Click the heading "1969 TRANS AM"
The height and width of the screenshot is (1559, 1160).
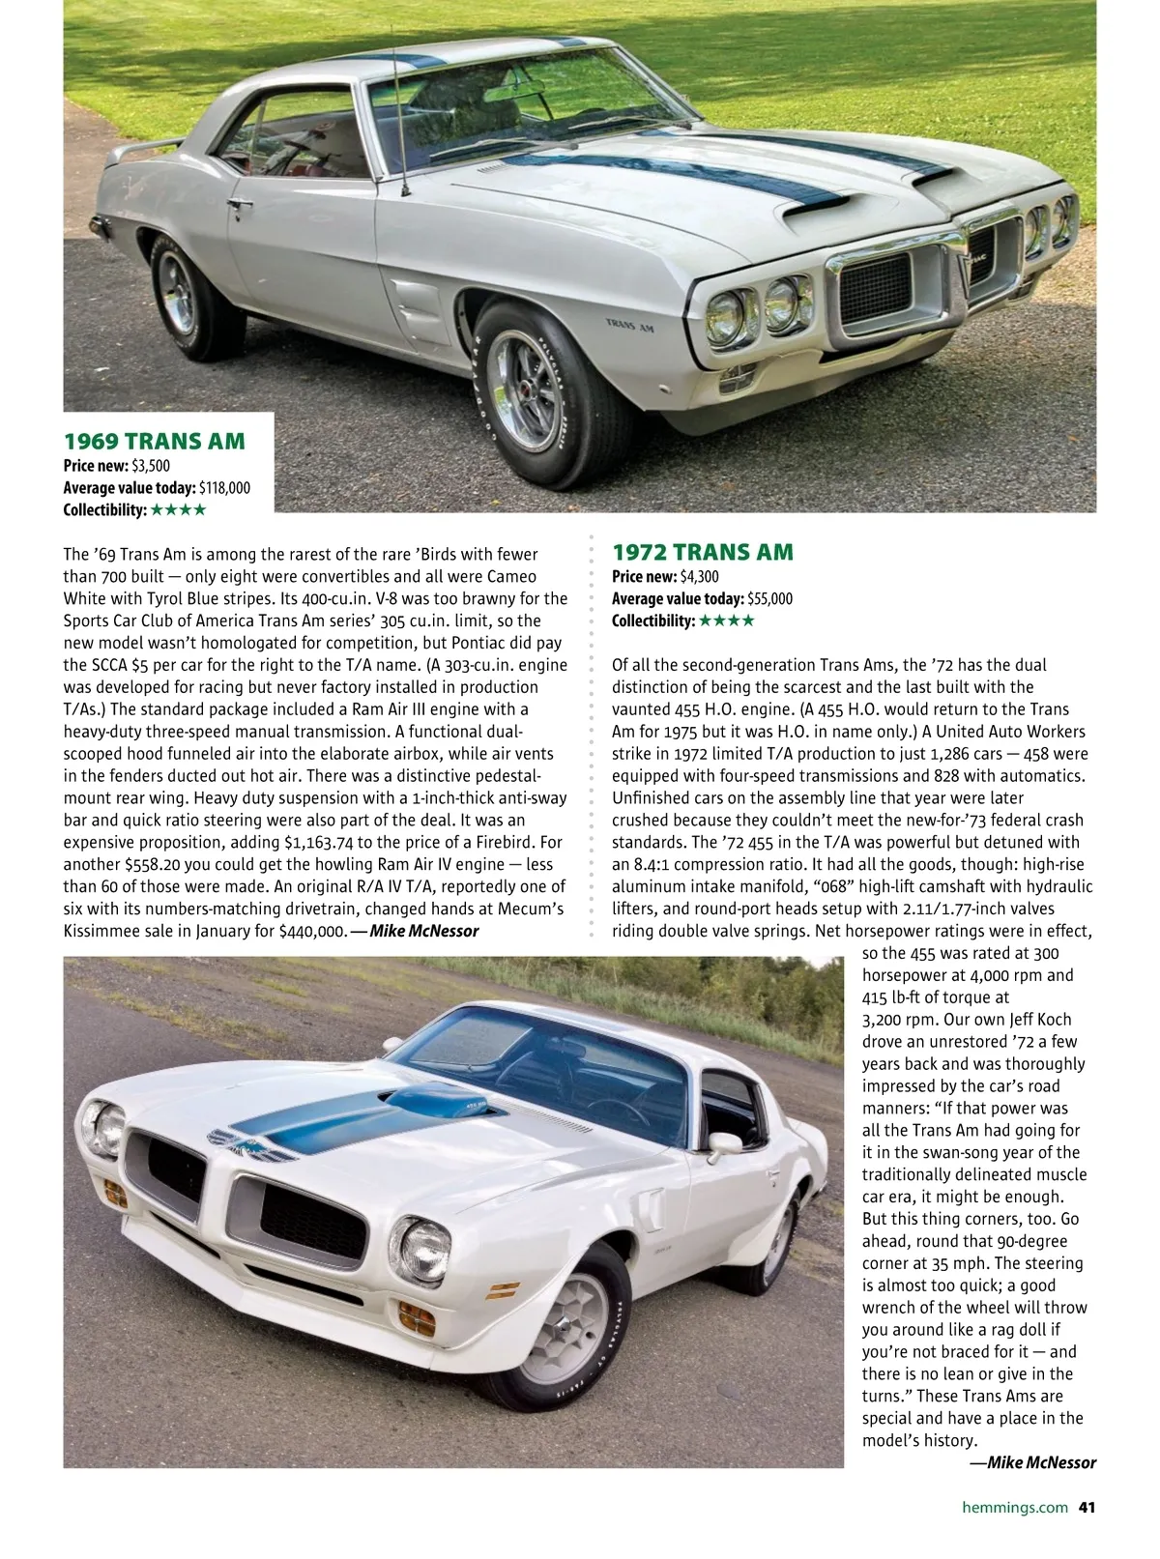click(155, 442)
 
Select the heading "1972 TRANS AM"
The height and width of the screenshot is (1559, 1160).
click(703, 553)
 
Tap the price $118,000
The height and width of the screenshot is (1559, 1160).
click(224, 488)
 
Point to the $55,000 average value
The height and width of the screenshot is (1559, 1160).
click(769, 599)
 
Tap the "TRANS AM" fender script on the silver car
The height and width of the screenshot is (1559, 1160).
click(629, 326)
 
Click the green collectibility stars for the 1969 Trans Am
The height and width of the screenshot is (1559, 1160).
click(179, 510)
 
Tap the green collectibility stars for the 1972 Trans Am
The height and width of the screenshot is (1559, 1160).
click(726, 621)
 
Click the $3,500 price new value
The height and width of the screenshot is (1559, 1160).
click(151, 466)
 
